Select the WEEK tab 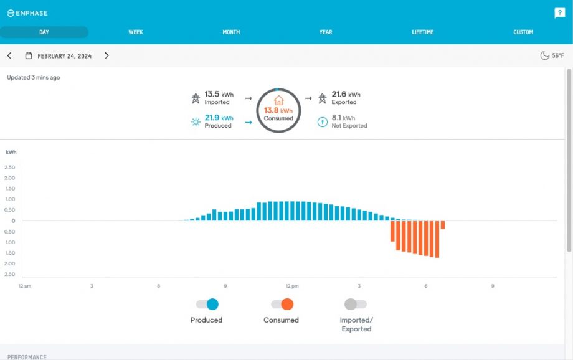tap(136, 32)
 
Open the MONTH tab tap(231, 32)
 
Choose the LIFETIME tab tap(423, 32)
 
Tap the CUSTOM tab tap(523, 32)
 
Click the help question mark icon tap(559, 13)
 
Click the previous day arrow tap(9, 56)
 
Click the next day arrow tap(107, 56)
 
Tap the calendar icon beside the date tap(29, 56)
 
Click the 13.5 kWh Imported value tap(219, 95)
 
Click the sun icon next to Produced tap(196, 121)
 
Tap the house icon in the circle tap(278, 100)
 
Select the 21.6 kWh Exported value tap(346, 95)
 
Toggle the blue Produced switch tap(207, 305)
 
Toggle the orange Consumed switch tap(282, 305)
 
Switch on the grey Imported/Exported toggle tap(356, 305)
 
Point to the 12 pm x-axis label tap(292, 286)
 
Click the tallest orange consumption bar tap(437, 240)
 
